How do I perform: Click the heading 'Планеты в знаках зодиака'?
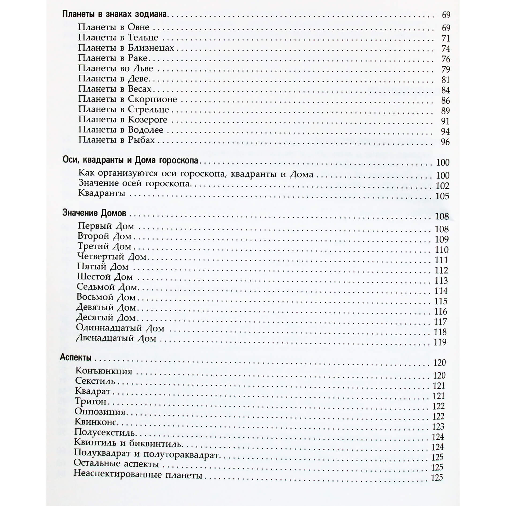tap(115, 14)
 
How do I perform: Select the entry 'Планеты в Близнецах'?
tap(126, 48)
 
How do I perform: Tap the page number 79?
tap(445, 69)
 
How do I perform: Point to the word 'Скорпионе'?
tap(152, 99)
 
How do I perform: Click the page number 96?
tap(445, 142)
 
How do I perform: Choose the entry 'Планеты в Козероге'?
tap(123, 120)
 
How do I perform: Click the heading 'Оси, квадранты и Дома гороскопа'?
tap(130, 160)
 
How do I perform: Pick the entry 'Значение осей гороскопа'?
tap(134, 183)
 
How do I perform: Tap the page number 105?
tap(442, 196)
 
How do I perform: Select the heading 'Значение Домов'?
tap(94, 213)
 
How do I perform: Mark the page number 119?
tap(440, 342)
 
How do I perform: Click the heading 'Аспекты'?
tap(76, 357)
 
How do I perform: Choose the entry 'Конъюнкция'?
tap(104, 371)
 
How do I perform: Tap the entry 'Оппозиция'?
tap(100, 411)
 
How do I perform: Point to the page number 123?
tap(438, 426)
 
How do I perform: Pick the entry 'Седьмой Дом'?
tap(107, 287)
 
